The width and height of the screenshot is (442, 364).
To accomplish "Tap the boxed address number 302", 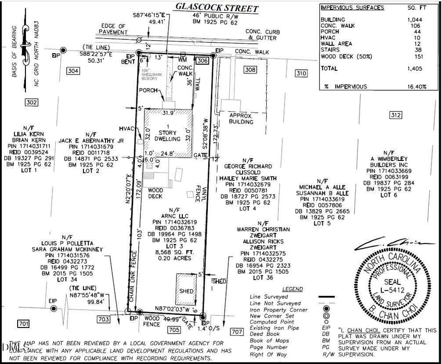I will pyautogui.click(x=31, y=102).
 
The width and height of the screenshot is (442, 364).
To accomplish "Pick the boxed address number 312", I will pyautogui.click(x=394, y=115).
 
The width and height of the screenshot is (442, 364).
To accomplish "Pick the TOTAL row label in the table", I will pyautogui.click(x=330, y=69).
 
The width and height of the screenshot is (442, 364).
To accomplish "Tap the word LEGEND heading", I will pyautogui.click(x=292, y=289).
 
